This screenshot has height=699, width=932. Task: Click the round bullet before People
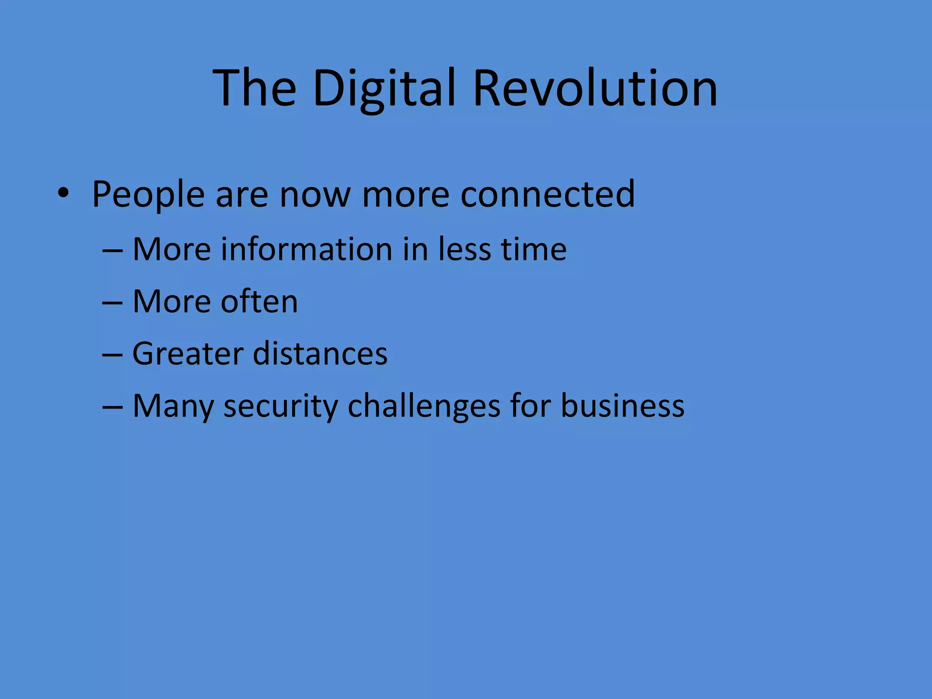click(x=63, y=193)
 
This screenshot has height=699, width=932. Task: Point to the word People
click(x=148, y=195)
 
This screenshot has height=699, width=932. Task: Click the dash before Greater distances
click(x=112, y=354)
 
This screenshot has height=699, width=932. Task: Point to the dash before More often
click(x=112, y=302)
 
